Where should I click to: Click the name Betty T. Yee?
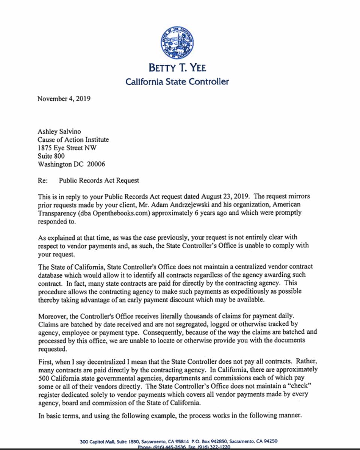(x=177, y=68)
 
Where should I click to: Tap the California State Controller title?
(x=177, y=81)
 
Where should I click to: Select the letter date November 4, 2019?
(x=64, y=99)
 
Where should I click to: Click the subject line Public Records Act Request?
(x=99, y=180)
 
